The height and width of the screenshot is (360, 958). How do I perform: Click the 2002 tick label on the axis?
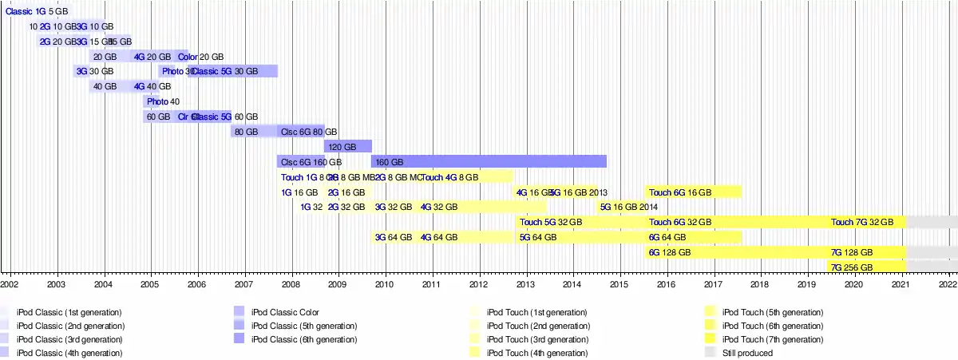point(10,283)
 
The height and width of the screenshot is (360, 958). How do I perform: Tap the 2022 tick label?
point(948,283)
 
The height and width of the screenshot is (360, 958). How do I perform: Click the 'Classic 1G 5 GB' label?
point(37,12)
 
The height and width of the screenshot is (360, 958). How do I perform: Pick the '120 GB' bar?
point(348,147)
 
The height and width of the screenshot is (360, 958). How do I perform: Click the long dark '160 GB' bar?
point(489,162)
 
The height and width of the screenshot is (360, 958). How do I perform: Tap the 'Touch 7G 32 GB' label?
point(868,222)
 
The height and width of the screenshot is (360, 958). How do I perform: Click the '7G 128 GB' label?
point(852,252)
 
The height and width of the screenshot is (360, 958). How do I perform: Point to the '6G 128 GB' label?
point(669,252)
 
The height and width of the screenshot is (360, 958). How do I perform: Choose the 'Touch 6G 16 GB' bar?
point(693,192)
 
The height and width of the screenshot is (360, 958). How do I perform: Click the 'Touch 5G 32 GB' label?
point(551,222)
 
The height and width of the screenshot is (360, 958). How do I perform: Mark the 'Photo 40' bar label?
point(163,101)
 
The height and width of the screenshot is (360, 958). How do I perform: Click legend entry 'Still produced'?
point(746,353)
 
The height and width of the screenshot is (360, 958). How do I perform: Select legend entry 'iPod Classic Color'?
point(285,312)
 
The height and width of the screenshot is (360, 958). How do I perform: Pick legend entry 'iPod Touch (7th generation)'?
point(772,339)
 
